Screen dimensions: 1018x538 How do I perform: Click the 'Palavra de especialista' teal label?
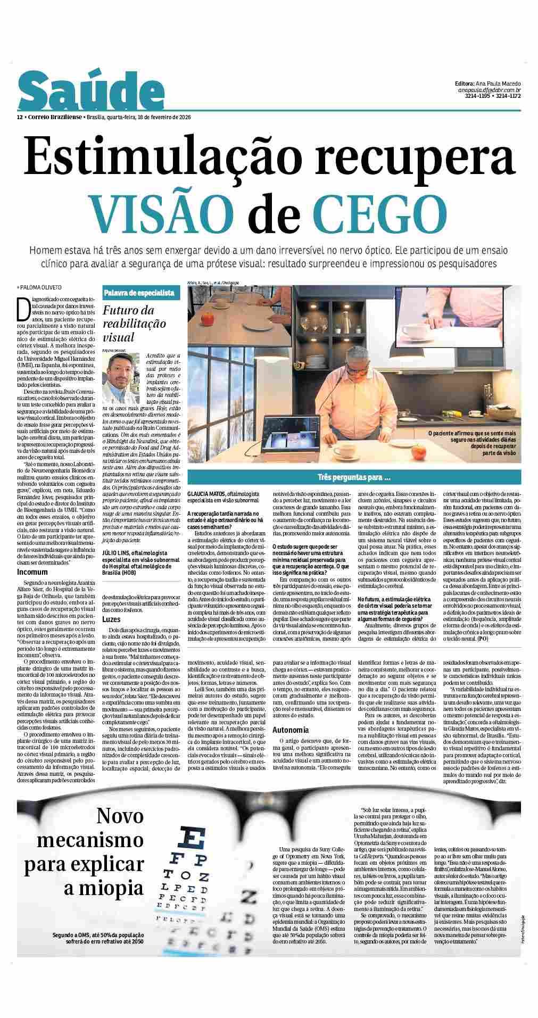[x=139, y=293]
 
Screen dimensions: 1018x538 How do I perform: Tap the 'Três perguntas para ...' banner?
[x=354, y=477]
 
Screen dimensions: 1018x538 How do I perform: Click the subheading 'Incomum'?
[x=32, y=572]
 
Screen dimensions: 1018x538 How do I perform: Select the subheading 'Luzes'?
[x=111, y=619]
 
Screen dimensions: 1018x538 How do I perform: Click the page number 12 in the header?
[x=20, y=117]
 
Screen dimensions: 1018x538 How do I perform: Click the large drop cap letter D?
[x=23, y=307]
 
